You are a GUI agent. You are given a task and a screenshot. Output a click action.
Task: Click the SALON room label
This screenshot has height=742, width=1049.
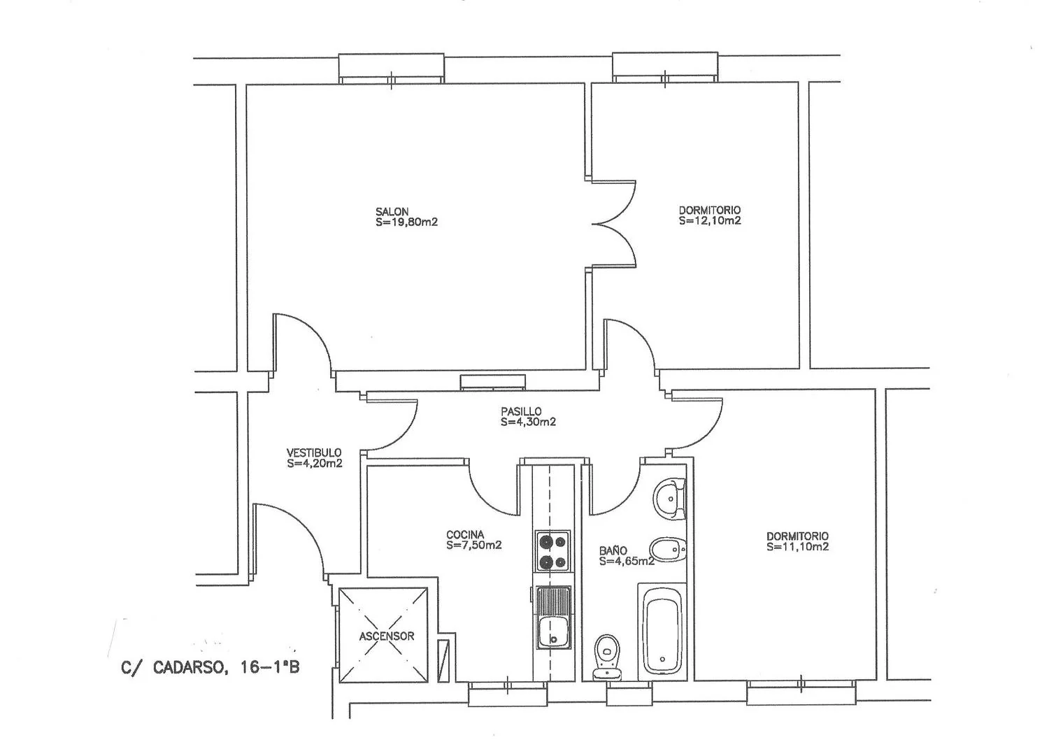392,212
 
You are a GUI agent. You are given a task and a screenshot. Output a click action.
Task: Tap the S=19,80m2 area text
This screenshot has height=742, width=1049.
406,222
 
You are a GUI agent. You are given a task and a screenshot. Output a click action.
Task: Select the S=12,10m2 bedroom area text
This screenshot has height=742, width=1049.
710,221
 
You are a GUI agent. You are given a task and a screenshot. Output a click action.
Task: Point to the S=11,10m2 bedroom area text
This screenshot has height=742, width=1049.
797,547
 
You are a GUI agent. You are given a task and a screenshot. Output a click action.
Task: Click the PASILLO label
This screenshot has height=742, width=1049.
521,412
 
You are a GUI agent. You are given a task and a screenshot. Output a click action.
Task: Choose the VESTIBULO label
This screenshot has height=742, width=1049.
314,453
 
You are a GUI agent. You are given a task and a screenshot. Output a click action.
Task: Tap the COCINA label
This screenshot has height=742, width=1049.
465,535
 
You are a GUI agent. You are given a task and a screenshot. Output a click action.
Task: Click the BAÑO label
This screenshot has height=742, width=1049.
613,551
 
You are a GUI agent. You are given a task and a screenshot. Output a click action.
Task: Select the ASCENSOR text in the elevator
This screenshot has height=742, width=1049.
387,636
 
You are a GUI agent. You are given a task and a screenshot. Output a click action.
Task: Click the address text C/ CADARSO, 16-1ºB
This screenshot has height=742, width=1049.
210,667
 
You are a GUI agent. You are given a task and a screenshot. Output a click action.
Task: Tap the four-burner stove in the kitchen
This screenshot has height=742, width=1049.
552,551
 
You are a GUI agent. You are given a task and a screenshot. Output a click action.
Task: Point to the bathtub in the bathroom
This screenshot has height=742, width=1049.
662,632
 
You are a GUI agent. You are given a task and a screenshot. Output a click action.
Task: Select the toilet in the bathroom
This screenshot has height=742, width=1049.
607,657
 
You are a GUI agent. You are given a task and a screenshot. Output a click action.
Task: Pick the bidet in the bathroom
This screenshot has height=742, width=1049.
668,550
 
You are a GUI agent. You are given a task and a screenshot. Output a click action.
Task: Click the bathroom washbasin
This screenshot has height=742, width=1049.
670,499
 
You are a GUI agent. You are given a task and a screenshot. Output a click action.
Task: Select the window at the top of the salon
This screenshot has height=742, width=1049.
392,69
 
